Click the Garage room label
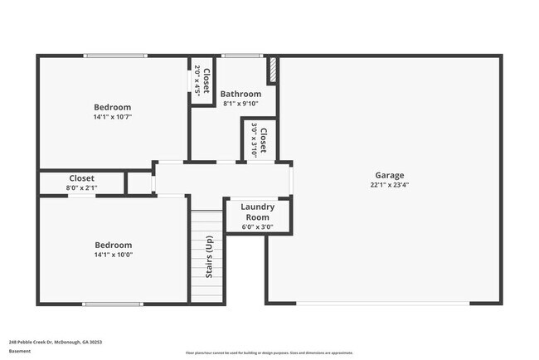(x=389, y=175)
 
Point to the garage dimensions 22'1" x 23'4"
(x=389, y=185)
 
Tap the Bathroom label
(x=240, y=94)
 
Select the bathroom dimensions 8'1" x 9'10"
(x=240, y=104)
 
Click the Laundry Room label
(x=257, y=211)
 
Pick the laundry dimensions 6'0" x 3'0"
(x=257, y=226)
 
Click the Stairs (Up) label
(x=208, y=256)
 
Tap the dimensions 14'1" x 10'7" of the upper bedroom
(x=112, y=117)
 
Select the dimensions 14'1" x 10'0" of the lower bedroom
(x=112, y=255)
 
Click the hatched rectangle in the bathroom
(x=270, y=69)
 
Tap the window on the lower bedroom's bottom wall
(x=112, y=303)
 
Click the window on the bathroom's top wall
(x=241, y=56)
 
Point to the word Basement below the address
(x=20, y=351)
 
